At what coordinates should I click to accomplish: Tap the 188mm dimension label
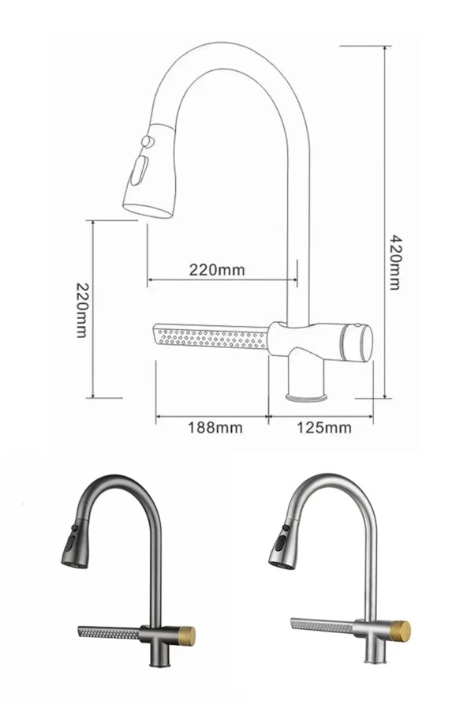(x=215, y=428)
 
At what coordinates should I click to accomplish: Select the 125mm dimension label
(x=324, y=428)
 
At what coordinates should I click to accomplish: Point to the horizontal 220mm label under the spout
(x=217, y=270)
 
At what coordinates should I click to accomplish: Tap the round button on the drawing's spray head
(x=146, y=142)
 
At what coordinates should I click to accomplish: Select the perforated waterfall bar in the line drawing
(x=211, y=336)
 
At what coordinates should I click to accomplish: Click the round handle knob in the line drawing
(x=357, y=343)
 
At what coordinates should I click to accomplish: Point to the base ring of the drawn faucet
(x=307, y=396)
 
